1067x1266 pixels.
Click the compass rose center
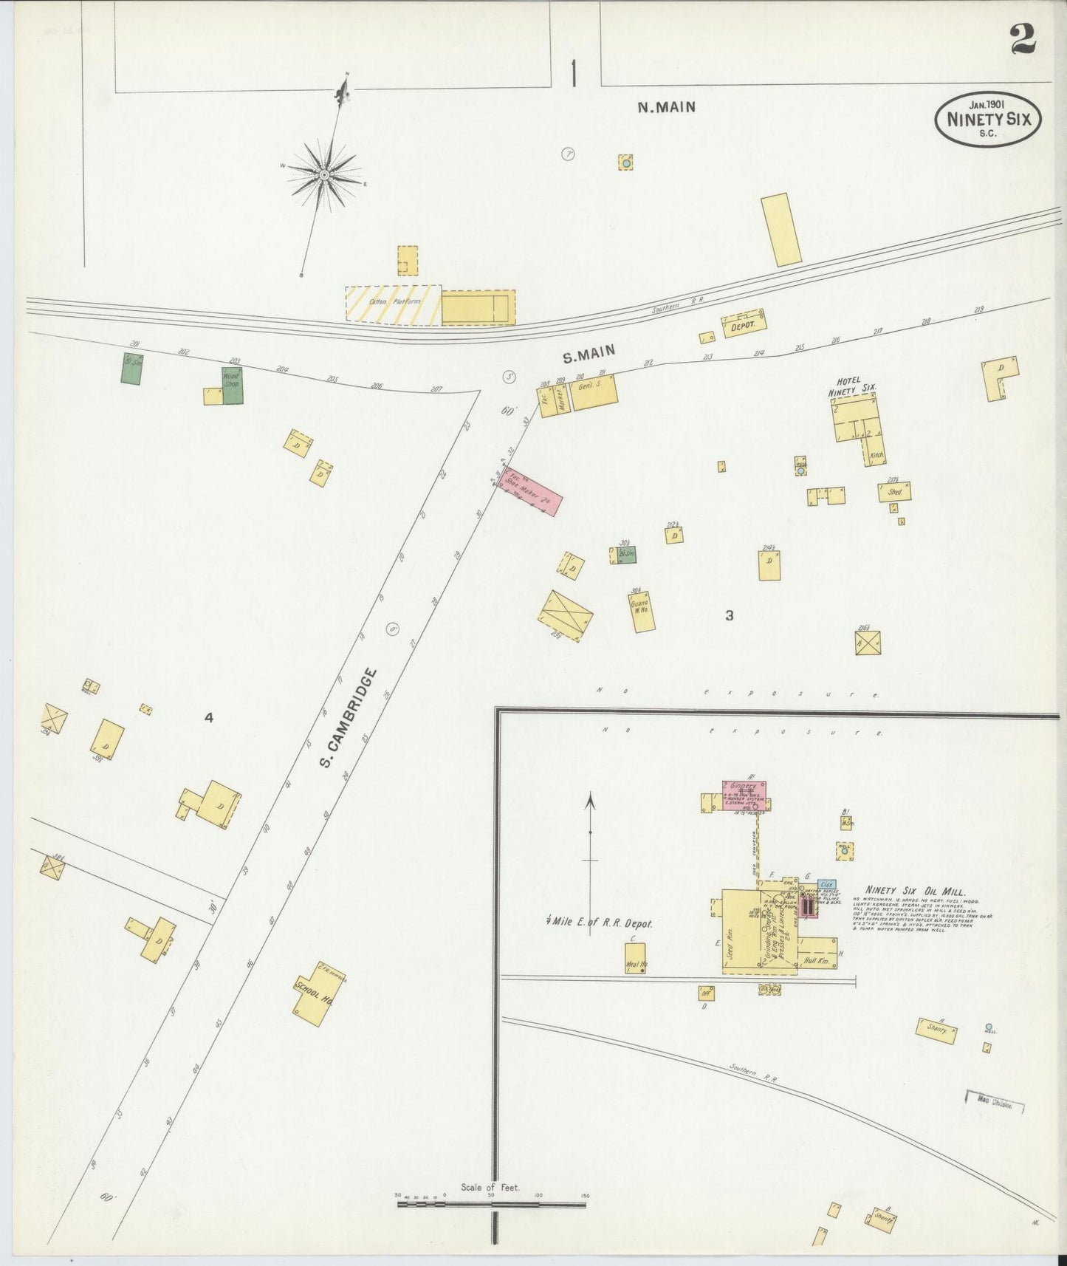point(323,174)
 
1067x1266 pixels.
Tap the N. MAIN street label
point(666,107)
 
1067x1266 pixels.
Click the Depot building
point(744,324)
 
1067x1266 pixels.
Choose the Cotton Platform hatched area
point(393,304)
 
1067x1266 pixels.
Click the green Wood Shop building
point(233,385)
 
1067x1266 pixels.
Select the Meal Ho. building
point(634,958)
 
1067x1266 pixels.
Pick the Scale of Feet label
point(490,1187)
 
